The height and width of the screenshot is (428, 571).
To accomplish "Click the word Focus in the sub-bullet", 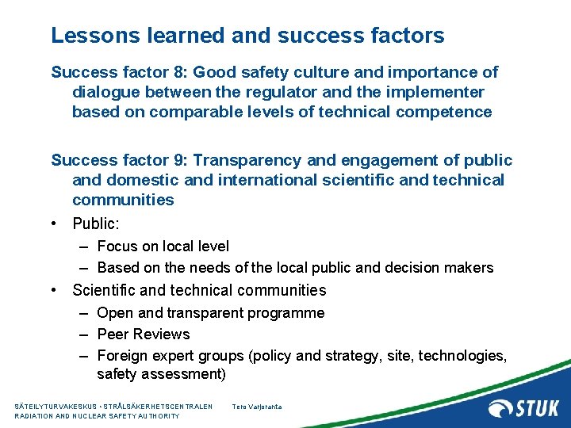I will (x=117, y=246).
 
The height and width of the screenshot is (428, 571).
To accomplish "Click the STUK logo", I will (x=523, y=408).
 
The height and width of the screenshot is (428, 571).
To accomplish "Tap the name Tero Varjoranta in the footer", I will (x=256, y=407).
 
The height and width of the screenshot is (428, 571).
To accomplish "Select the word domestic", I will (x=133, y=180).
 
